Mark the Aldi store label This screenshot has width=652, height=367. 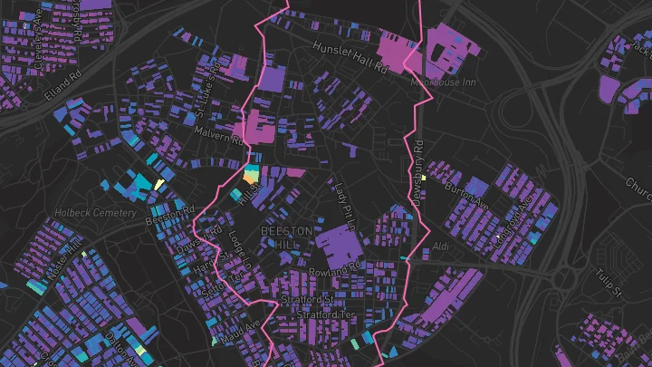441,246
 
